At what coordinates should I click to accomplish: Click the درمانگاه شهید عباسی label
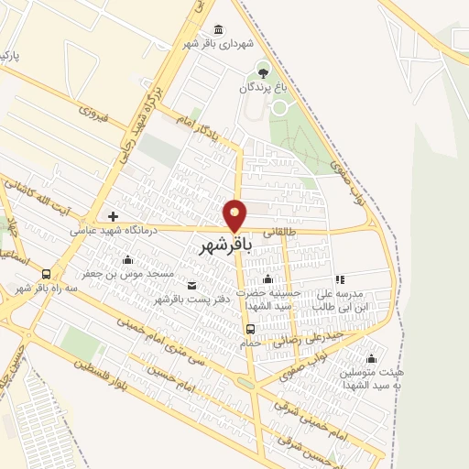[114, 231]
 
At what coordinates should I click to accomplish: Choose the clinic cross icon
[113, 216]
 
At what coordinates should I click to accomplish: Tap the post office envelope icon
[191, 285]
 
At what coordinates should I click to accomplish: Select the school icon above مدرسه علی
[339, 279]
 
